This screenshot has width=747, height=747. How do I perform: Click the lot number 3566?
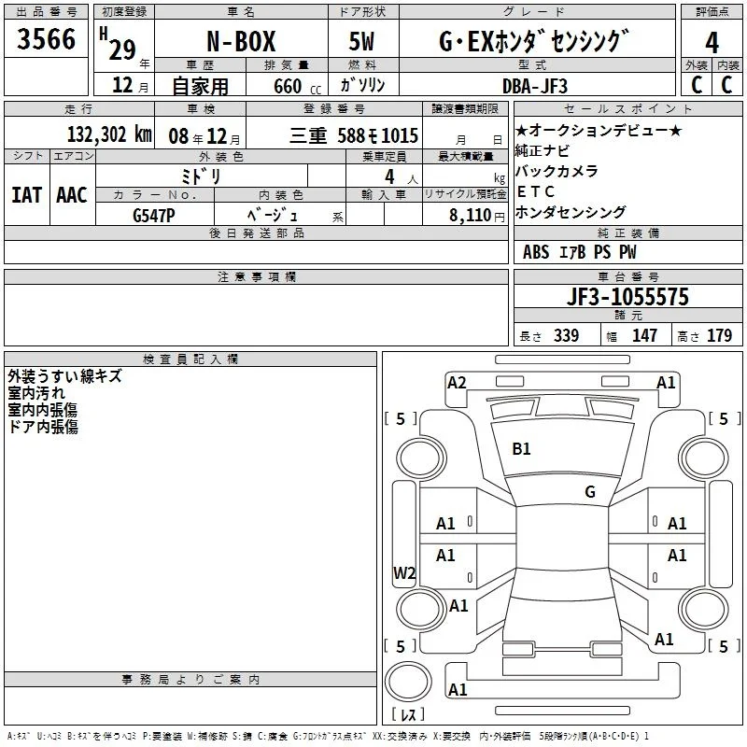46,39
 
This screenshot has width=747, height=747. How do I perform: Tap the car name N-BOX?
241,41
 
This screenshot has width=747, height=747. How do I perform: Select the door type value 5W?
361,41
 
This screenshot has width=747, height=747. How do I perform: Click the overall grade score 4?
712,43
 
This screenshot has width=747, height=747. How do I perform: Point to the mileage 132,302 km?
109,134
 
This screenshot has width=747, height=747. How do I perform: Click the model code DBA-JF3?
535,86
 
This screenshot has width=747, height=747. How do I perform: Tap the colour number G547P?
154,216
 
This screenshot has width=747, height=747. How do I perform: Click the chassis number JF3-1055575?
627,297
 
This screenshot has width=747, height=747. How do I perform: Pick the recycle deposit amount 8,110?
470,216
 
